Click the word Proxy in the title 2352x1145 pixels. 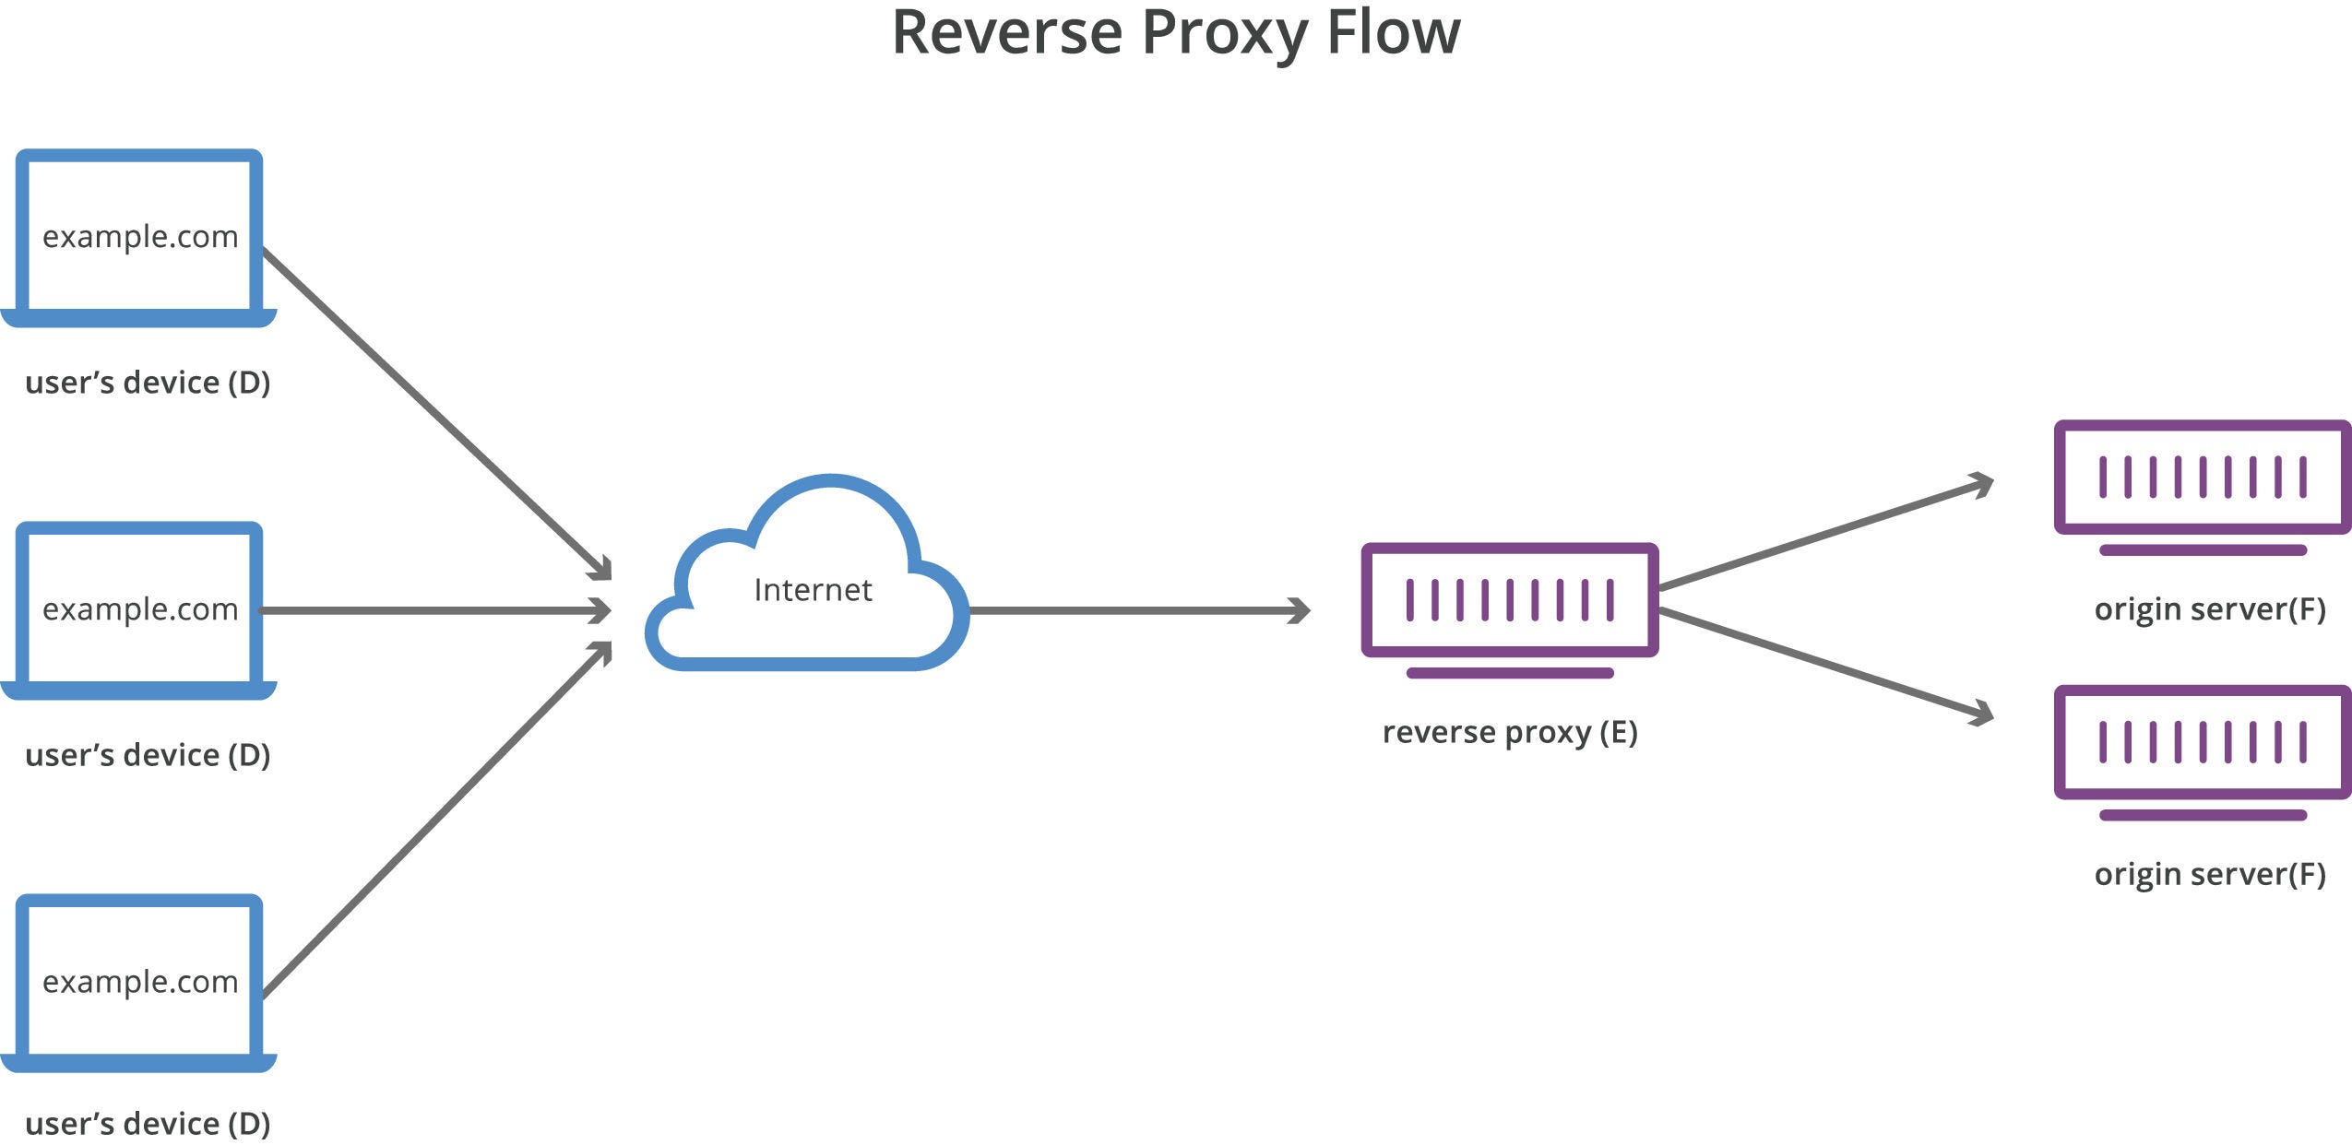[x=1225, y=33]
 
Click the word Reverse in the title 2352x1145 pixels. [x=1007, y=33]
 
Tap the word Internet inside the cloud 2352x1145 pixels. [x=813, y=590]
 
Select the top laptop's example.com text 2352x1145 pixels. [x=140, y=237]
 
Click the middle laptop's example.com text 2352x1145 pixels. [x=140, y=609]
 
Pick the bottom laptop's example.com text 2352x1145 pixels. [x=140, y=982]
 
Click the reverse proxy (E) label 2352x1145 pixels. [x=1509, y=732]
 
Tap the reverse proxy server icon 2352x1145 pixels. [x=1509, y=601]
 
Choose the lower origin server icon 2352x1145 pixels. [x=2202, y=742]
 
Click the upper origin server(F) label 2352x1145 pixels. [x=2209, y=609]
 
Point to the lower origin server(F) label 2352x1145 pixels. [x=2209, y=874]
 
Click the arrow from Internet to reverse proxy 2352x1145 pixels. [x=1139, y=610]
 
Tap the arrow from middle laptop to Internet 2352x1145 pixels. [x=434, y=610]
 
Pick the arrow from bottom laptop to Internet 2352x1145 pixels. [x=434, y=820]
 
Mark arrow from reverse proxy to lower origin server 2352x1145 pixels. [x=1822, y=662]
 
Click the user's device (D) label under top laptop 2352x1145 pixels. [x=148, y=383]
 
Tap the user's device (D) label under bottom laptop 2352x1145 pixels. [x=148, y=1124]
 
